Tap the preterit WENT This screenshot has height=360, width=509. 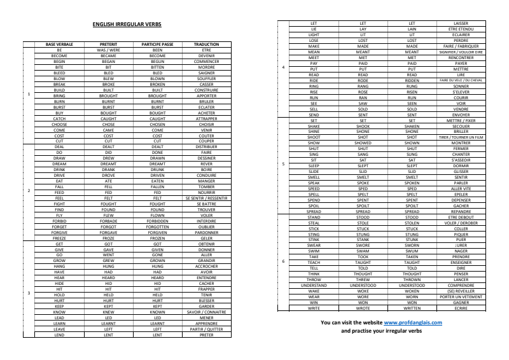[x=108, y=254]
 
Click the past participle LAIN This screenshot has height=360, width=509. [x=412, y=29]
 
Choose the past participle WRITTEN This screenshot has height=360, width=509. [x=412, y=308]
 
